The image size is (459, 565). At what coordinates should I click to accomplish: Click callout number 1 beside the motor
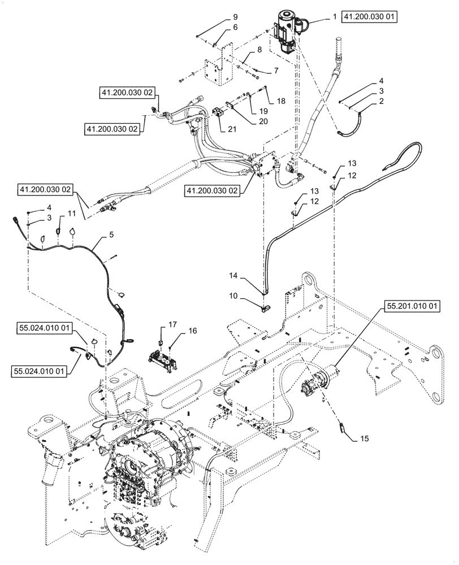click(x=334, y=18)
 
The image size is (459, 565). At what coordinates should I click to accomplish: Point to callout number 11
click(x=71, y=213)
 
